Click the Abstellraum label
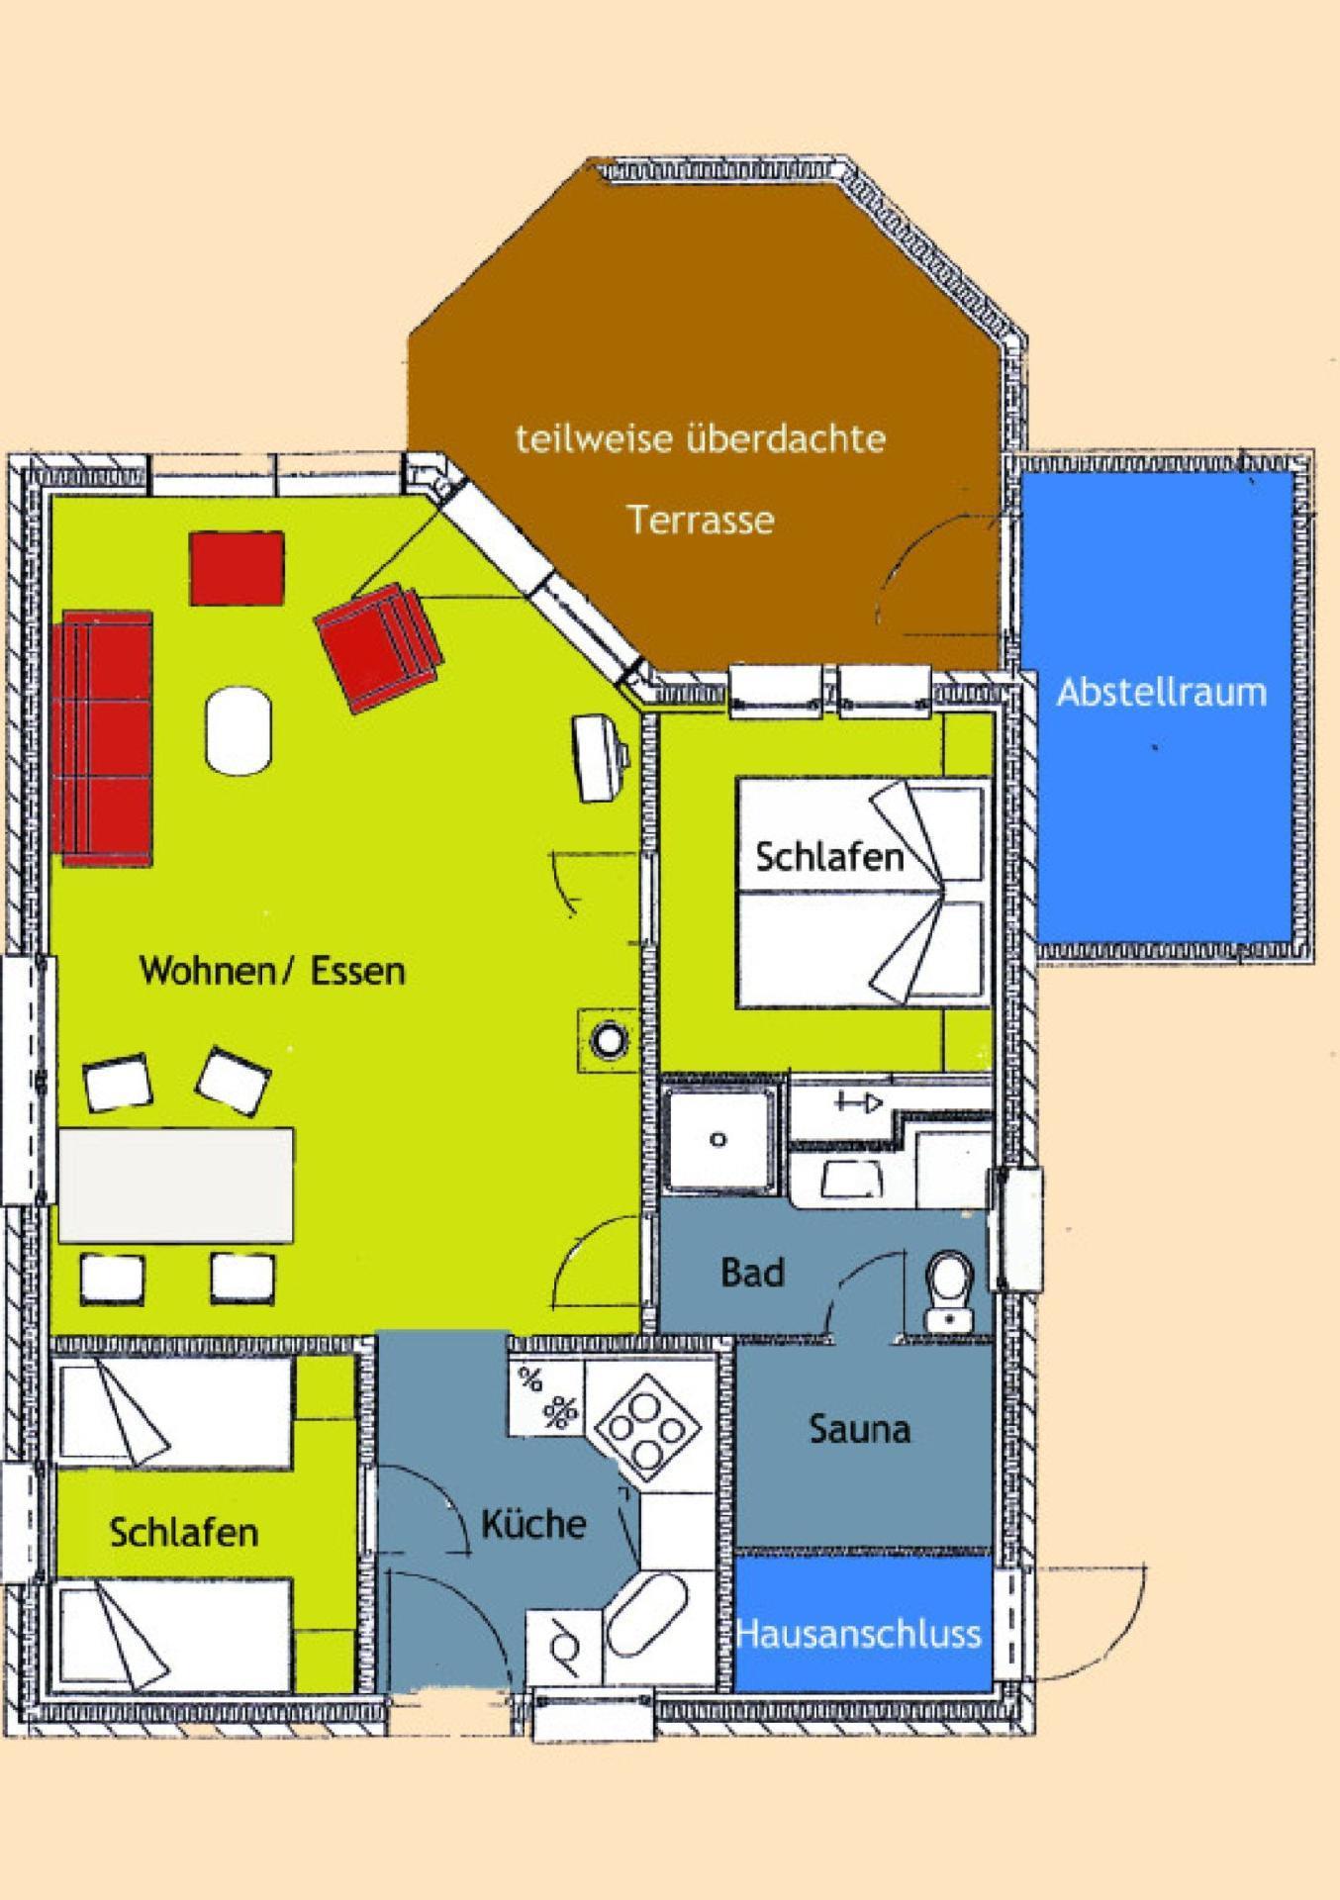point(1162,691)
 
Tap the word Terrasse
point(701,520)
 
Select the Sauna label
point(859,1429)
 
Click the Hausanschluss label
point(859,1634)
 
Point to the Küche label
point(533,1523)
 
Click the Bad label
point(752,1273)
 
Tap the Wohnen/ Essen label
point(272,971)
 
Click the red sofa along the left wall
point(107,738)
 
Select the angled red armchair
point(378,647)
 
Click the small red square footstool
point(238,568)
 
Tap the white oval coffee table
point(239,731)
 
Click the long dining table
point(176,1185)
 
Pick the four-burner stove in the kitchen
point(647,1427)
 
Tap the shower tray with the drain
point(718,1138)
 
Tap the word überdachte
point(786,437)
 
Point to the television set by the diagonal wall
point(600,756)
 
